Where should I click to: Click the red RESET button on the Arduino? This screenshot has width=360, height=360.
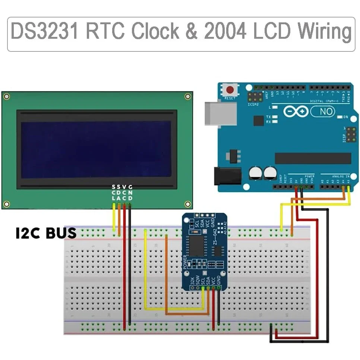pyautogui.click(x=231, y=90)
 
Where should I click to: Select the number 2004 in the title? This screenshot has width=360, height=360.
pyautogui.click(x=225, y=32)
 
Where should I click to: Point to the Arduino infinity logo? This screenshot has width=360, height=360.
pyautogui.click(x=296, y=111)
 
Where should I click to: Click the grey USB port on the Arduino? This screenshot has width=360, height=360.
pyautogui.click(x=220, y=112)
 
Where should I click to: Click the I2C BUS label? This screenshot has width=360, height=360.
pyautogui.click(x=46, y=233)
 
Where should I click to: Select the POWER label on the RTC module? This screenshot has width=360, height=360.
pyautogui.click(x=186, y=262)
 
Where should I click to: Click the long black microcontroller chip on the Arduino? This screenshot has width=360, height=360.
pyautogui.click(x=313, y=158)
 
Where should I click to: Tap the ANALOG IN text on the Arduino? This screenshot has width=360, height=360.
pyautogui.click(x=340, y=176)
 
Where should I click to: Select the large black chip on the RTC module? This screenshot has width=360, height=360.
pyautogui.click(x=197, y=245)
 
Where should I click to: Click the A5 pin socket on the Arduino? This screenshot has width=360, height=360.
pyautogui.click(x=348, y=186)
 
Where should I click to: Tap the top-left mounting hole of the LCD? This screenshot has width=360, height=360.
pyautogui.click(x=6, y=97)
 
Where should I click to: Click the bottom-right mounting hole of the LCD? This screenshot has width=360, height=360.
pyautogui.click(x=188, y=204)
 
